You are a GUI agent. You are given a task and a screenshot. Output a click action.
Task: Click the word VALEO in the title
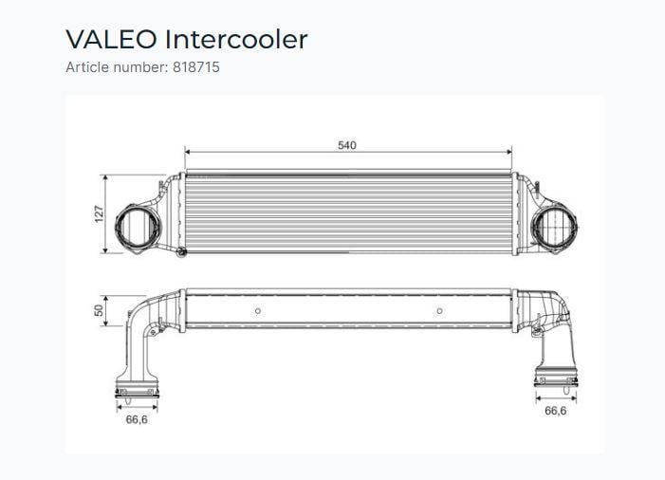111,40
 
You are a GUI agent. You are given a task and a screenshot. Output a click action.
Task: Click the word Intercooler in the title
236,40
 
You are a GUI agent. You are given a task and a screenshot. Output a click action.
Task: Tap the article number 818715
196,67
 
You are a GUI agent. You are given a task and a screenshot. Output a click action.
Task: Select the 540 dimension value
347,145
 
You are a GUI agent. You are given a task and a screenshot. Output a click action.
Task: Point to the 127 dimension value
99,214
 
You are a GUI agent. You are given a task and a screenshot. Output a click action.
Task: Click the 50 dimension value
99,310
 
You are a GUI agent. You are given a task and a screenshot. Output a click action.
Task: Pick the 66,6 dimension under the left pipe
137,419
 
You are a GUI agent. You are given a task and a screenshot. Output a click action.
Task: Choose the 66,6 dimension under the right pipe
555,411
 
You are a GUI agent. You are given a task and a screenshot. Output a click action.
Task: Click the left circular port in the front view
138,227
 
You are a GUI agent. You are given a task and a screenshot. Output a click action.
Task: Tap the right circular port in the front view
555,227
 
